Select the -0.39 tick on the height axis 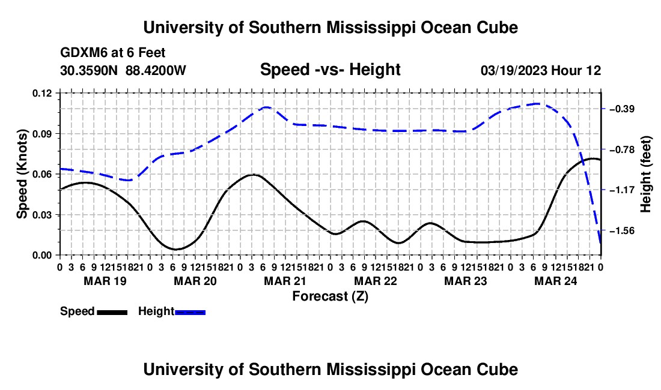click(x=622, y=109)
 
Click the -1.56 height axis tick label click(x=622, y=230)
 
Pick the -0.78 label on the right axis click(x=622, y=150)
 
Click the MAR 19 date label click(x=105, y=281)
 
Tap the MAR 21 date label click(x=285, y=281)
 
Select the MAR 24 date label click(x=556, y=281)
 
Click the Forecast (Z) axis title click(x=330, y=296)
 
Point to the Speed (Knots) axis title click(x=22, y=174)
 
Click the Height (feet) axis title click(x=645, y=174)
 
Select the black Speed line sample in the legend click(x=112, y=313)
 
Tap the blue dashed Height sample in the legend click(x=190, y=313)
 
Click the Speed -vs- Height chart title click(x=330, y=70)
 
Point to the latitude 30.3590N click(x=89, y=70)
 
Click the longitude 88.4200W click(x=156, y=70)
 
